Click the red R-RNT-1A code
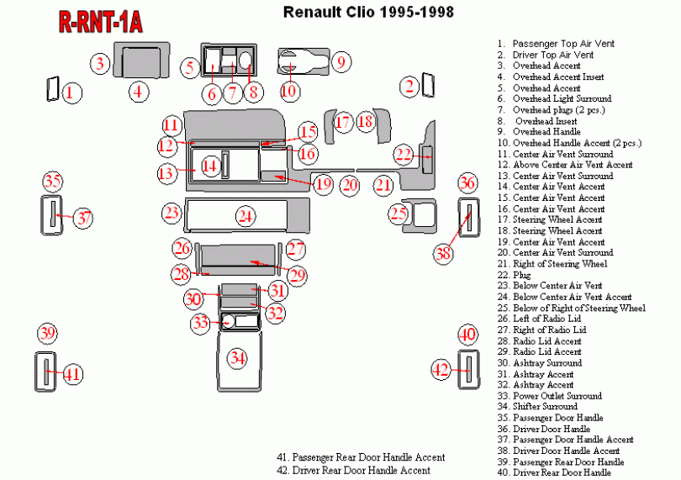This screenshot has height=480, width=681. [x=99, y=23]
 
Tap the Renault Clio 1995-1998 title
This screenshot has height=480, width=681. [x=368, y=12]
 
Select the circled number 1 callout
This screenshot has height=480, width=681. [x=73, y=92]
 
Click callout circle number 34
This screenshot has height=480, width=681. [x=239, y=359]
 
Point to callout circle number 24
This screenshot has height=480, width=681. [x=245, y=216]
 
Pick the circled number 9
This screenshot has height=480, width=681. [x=340, y=61]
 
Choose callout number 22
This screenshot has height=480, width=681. [x=405, y=154]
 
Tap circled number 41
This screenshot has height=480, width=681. [x=73, y=374]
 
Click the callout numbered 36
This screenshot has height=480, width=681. [x=468, y=184]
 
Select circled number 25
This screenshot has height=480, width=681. [x=399, y=214]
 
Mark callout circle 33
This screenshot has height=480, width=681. [x=200, y=323]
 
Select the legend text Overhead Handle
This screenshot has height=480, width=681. [x=546, y=132]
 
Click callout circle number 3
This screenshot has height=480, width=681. [x=100, y=63]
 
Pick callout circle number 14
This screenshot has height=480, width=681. [x=209, y=166]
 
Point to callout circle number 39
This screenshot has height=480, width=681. [x=48, y=333]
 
